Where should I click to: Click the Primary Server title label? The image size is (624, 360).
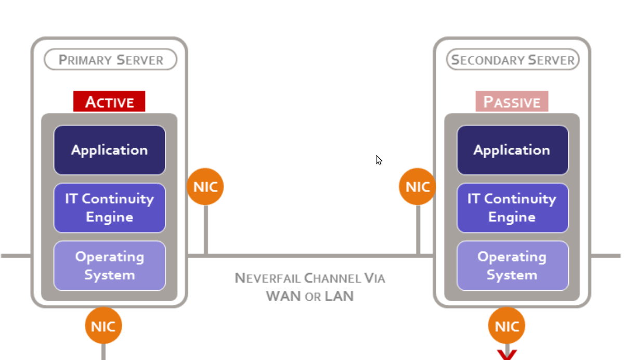coord(110,60)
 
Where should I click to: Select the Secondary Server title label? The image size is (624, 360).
coord(513,60)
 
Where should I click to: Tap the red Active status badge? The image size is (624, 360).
coord(109,101)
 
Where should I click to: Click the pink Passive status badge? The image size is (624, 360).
coord(512,101)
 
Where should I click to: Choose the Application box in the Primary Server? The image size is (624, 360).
coord(110,150)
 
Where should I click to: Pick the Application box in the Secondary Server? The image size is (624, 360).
coord(512,150)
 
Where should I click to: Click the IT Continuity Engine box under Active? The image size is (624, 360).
coord(110,208)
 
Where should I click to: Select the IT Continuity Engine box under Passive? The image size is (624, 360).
coord(512,208)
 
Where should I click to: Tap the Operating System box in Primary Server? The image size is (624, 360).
coord(110,265)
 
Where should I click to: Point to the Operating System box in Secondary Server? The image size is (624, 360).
coord(512,265)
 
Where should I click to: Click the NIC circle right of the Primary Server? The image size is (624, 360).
coord(205,186)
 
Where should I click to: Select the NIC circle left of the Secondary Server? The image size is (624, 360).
coord(418,186)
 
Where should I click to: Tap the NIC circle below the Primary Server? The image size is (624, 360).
coord(103,326)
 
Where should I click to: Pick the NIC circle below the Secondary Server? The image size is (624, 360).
coord(506,326)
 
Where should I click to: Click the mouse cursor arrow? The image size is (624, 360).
coord(379,160)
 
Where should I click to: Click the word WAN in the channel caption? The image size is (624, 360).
coord(283,297)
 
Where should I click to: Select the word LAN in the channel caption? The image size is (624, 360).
coord(339,297)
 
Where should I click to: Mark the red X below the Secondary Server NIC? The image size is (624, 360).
coord(506,355)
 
